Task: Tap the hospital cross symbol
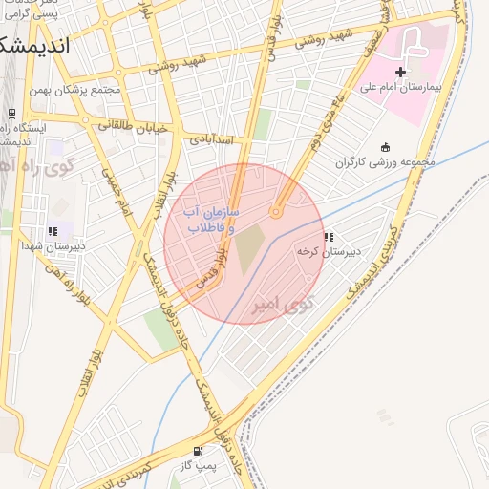(x=400, y=72)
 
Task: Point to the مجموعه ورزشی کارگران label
(x=384, y=161)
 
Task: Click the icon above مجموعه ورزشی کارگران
(x=385, y=147)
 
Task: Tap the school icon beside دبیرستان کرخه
(x=329, y=237)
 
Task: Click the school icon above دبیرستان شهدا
(x=53, y=231)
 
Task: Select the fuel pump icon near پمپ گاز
(x=198, y=451)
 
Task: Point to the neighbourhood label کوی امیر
(x=282, y=306)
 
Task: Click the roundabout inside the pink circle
(x=276, y=212)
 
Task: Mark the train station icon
(x=11, y=114)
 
